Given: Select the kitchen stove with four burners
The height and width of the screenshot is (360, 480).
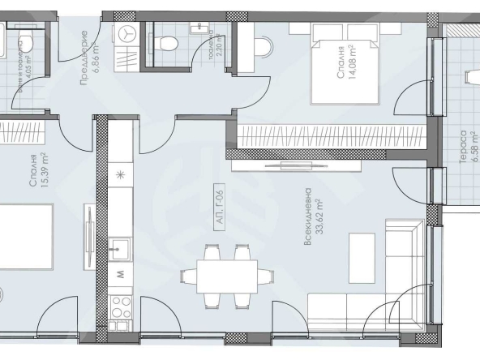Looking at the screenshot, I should tap(121, 307).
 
